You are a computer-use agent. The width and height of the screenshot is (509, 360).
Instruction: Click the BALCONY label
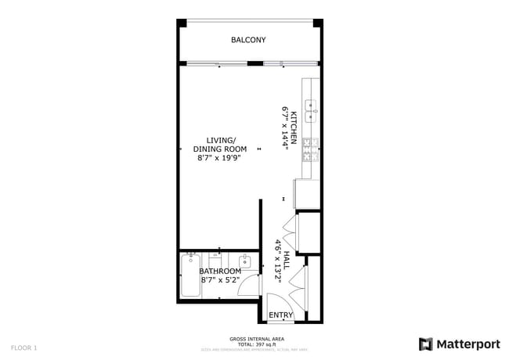pyautogui.click(x=248, y=40)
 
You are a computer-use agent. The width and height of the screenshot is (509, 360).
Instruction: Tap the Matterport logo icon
pyautogui.click(x=426, y=344)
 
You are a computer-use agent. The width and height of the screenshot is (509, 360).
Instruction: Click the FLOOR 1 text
pyautogui.click(x=23, y=346)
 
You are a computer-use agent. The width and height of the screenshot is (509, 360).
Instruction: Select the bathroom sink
pyautogui.click(x=245, y=261)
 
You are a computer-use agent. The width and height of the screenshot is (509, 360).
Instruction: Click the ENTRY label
pyautogui.click(x=280, y=315)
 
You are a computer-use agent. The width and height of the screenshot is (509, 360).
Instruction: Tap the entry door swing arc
pyautogui.click(x=276, y=302)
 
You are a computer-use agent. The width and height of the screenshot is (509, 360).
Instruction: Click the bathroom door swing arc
pyautogui.click(x=249, y=284)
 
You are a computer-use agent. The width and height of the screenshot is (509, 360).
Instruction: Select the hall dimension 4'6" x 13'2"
pyautogui.click(x=277, y=261)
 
